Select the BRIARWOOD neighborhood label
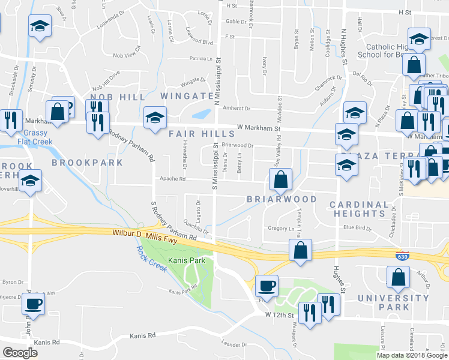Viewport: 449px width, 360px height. point(282,199)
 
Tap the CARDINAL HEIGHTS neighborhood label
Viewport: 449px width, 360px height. point(360,209)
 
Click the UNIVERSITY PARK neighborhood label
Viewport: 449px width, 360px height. point(394,302)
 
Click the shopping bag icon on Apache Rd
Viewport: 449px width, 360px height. point(280,178)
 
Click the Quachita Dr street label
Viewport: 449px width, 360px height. point(197,228)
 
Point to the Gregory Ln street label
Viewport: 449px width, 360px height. point(281,228)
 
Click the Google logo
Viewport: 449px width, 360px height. point(20,353)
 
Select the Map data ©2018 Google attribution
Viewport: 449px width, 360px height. point(411,355)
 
